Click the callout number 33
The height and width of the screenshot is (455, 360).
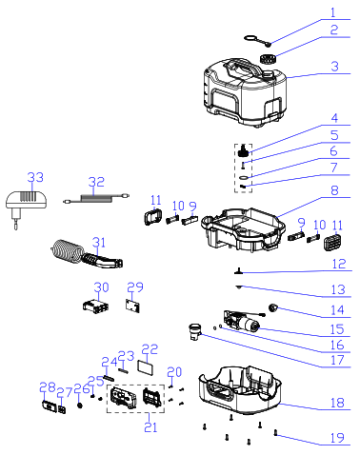click(x=35, y=177)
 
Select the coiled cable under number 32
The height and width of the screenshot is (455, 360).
click(x=96, y=199)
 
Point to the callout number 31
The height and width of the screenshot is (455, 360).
click(x=98, y=243)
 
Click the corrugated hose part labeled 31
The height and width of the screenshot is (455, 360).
click(x=87, y=254)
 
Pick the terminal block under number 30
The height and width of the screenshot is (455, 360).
click(x=95, y=306)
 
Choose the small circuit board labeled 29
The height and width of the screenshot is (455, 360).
click(x=132, y=306)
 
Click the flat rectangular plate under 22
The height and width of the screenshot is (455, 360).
click(x=146, y=367)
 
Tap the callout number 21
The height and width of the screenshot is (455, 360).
click(x=150, y=427)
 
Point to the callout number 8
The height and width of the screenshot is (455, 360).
click(x=334, y=190)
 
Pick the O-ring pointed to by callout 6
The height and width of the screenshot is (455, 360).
click(x=245, y=177)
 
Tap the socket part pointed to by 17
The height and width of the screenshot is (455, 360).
click(x=194, y=331)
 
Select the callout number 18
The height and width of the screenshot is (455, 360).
click(x=337, y=403)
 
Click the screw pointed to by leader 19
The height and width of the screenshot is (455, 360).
click(x=276, y=432)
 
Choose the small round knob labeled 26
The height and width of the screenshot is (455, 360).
click(x=80, y=405)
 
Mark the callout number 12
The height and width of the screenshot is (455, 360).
click(x=338, y=264)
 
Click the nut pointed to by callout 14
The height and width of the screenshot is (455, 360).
click(x=272, y=307)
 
